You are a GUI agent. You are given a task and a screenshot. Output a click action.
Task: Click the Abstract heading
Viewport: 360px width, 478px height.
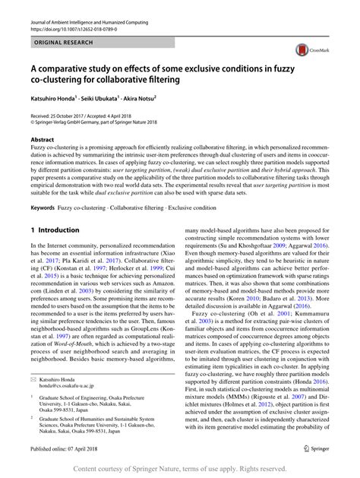[42, 140]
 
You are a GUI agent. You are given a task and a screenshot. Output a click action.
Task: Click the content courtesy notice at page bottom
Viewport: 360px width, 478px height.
[180, 469]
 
